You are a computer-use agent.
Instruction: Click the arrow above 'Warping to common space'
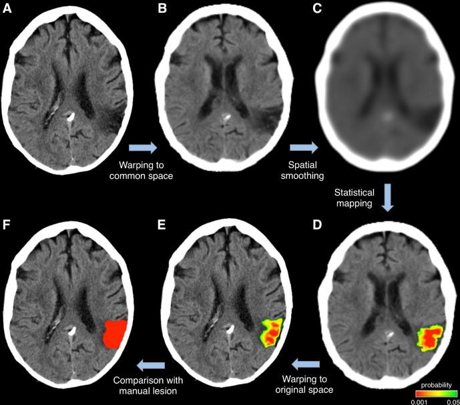click(x=143, y=146)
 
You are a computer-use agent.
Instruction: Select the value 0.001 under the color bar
click(x=418, y=401)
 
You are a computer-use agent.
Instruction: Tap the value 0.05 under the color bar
click(x=451, y=401)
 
